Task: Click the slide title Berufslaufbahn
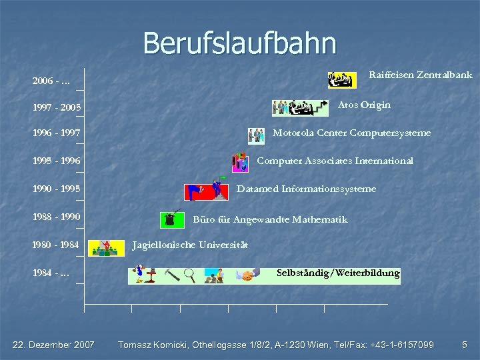[239, 43]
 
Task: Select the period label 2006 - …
[53, 81]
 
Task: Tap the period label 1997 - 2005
[57, 107]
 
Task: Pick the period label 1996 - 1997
[57, 133]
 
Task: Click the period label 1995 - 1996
[57, 161]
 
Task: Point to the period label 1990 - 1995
[57, 189]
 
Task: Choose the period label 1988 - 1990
[57, 217]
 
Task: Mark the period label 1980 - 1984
[56, 245]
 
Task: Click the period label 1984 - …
[53, 273]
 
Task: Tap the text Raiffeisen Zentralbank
[421, 75]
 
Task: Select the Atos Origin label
[364, 105]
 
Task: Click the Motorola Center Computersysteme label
[351, 133]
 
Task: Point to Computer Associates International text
[335, 161]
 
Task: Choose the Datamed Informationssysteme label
[307, 189]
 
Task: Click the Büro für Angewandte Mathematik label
[270, 219]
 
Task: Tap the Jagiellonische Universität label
[190, 245]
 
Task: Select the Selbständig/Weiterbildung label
[338, 273]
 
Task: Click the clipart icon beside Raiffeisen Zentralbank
[342, 80]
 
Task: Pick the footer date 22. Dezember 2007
[54, 345]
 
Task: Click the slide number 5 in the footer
[465, 345]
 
